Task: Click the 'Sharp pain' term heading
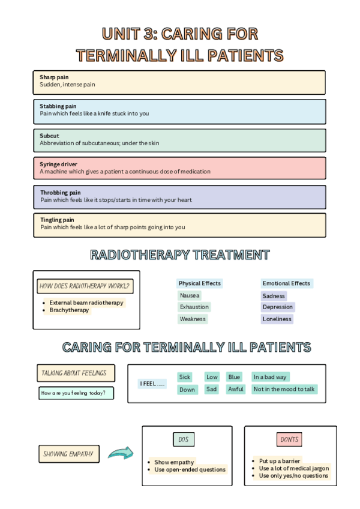[x=54, y=77]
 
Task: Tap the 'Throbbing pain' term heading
[x=60, y=193]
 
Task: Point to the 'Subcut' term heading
[x=49, y=136]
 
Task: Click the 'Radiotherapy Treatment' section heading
[x=179, y=254]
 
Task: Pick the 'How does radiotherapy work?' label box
[x=85, y=286]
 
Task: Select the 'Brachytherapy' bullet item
[x=69, y=310]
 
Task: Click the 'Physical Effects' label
[x=200, y=283]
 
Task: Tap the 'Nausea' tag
[x=190, y=295]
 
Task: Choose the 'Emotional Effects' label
[x=286, y=283]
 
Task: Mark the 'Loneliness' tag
[x=277, y=319]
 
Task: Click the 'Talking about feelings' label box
[x=74, y=373]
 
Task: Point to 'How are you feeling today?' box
[x=76, y=394]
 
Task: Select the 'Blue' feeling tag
[x=234, y=377]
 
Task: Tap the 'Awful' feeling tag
[x=236, y=389]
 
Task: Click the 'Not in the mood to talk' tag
[x=284, y=389]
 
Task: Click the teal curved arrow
[x=121, y=453]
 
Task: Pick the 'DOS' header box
[x=184, y=440]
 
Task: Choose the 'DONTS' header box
[x=289, y=440]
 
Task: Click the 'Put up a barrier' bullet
[x=280, y=461]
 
